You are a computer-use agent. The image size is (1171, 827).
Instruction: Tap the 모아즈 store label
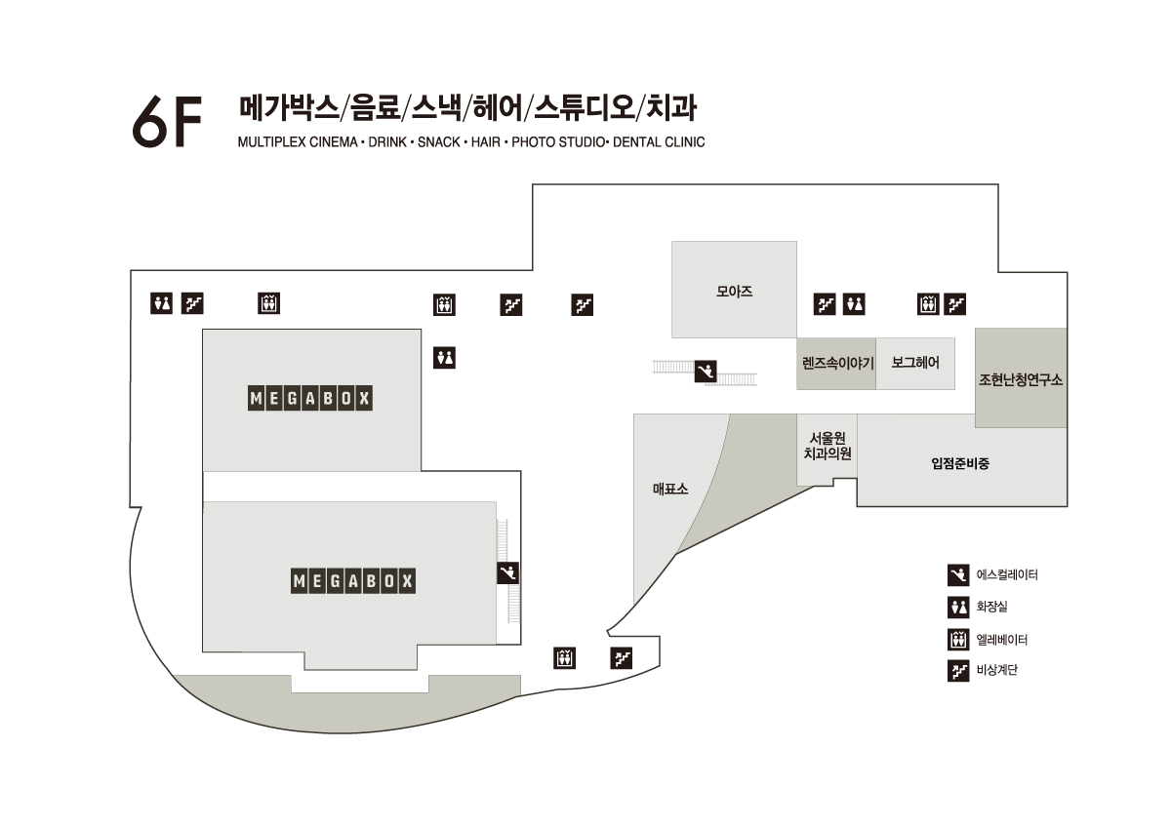pyautogui.click(x=734, y=291)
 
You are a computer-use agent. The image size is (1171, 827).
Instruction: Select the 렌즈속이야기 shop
pyautogui.click(x=836, y=364)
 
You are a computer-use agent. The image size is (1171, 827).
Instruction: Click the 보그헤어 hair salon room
pyautogui.click(x=915, y=363)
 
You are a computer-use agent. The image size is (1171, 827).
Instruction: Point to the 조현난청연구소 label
pyautogui.click(x=1021, y=379)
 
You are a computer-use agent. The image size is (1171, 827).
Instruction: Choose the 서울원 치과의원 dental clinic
pyautogui.click(x=828, y=447)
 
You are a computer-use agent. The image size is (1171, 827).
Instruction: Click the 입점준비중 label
pyautogui.click(x=960, y=463)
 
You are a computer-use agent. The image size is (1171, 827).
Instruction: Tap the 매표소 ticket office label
pyautogui.click(x=670, y=489)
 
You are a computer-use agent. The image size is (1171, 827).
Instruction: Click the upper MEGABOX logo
pyautogui.click(x=311, y=399)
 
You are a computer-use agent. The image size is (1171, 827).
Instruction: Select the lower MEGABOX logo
pyautogui.click(x=353, y=582)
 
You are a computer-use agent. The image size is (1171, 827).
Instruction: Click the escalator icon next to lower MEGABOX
pyautogui.click(x=507, y=572)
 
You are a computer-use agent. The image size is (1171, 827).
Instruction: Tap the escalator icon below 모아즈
pyautogui.click(x=706, y=371)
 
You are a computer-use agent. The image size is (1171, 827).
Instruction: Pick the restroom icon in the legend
pyautogui.click(x=958, y=608)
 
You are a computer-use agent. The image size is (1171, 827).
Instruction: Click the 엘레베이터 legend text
pyautogui.click(x=1002, y=640)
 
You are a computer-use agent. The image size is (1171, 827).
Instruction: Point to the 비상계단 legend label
pyautogui.click(x=996, y=671)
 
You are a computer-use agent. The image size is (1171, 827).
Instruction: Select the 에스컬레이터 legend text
pyautogui.click(x=1007, y=575)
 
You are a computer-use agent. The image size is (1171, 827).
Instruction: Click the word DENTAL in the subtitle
pyautogui.click(x=637, y=142)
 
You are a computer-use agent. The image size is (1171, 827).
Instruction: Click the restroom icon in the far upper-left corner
pyautogui.click(x=161, y=303)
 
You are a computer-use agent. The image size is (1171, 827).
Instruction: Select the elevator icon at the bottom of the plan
pyautogui.click(x=564, y=658)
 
